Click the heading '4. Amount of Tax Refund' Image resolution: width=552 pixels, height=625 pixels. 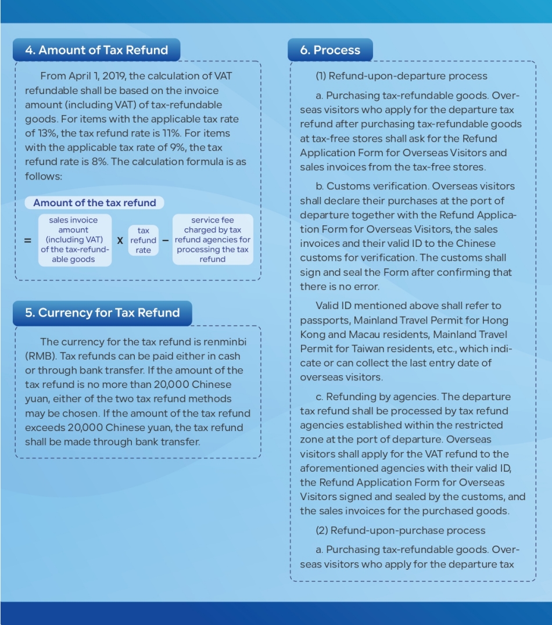(96, 50)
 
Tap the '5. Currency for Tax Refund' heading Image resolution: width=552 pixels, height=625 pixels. (102, 312)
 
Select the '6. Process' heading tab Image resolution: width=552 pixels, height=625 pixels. (330, 50)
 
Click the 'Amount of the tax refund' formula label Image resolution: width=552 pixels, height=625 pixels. (94, 203)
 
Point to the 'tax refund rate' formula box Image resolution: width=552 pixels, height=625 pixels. (143, 240)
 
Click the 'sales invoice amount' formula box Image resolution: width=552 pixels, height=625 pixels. (73, 240)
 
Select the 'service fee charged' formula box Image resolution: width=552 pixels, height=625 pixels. (213, 240)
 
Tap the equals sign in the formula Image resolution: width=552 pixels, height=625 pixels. (27, 240)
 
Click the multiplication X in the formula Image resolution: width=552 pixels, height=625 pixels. (120, 240)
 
